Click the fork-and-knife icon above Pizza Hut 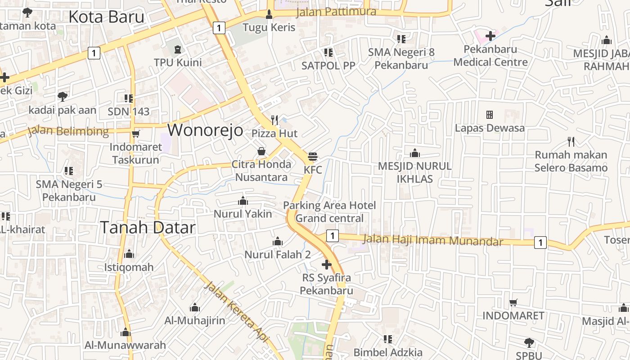point(274,120)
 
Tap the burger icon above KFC point(313,157)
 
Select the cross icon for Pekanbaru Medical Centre point(490,36)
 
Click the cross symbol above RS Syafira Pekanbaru point(327,265)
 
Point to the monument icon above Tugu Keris point(269,14)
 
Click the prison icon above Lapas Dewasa point(490,115)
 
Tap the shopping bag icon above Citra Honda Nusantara point(261,151)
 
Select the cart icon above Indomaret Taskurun point(135,134)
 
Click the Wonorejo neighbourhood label point(205,130)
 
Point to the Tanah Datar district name point(148,227)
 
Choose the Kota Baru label point(106,17)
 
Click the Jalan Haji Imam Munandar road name point(432,240)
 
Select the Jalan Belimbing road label point(68,131)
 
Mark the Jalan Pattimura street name point(336,11)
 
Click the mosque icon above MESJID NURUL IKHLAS point(414,153)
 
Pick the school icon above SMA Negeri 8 point(401,39)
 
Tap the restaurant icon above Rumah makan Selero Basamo point(571,142)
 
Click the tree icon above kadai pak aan point(63,96)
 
